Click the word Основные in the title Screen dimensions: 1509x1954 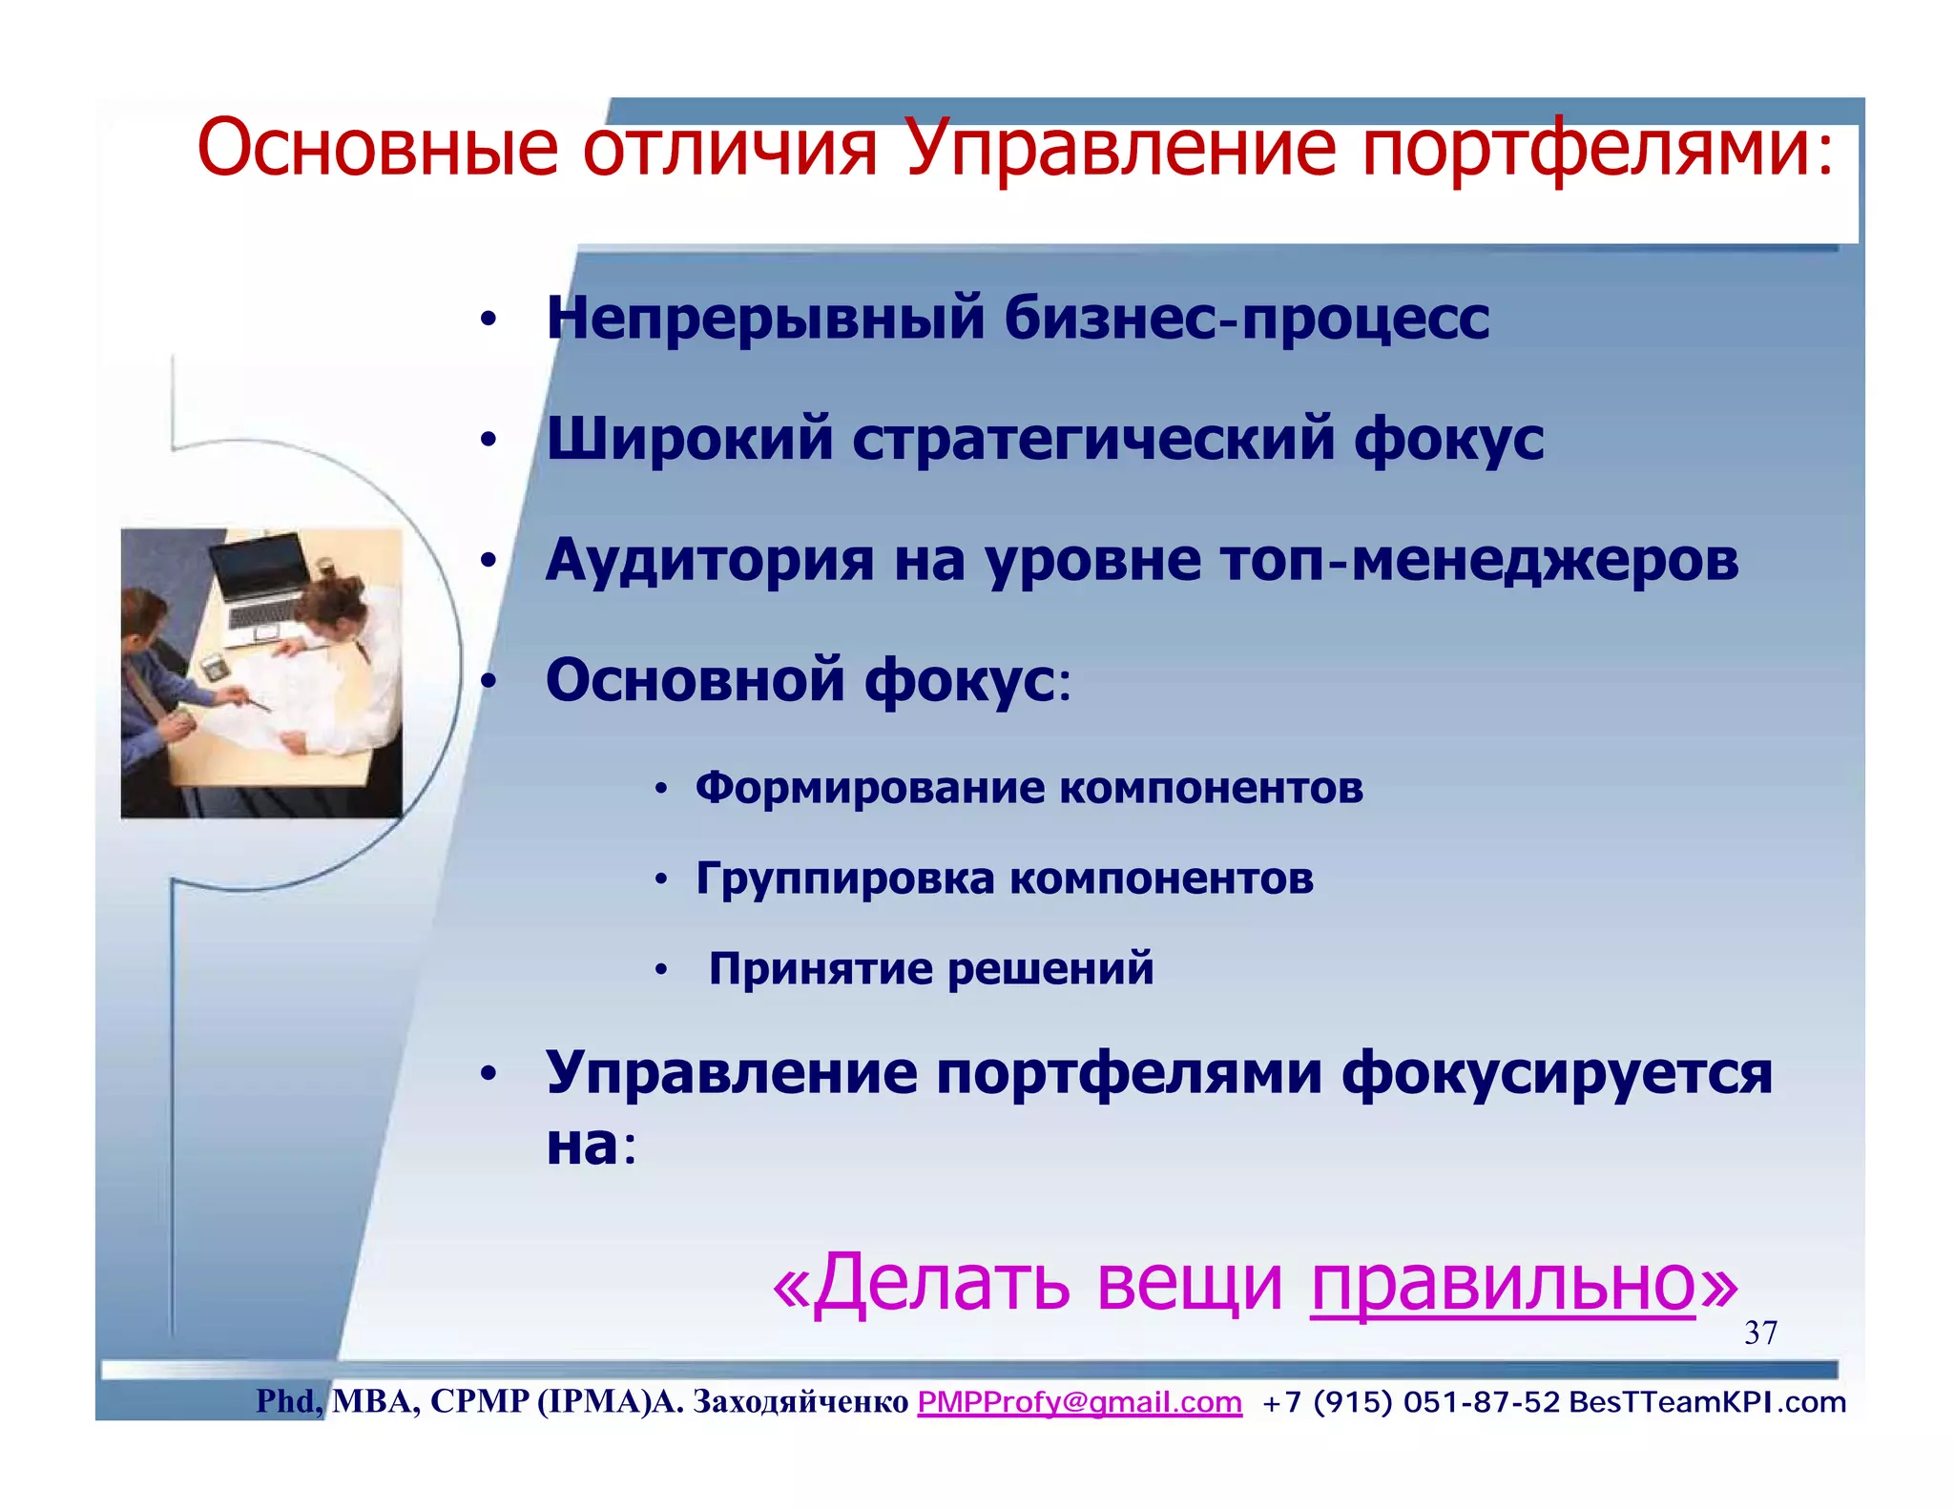(x=377, y=149)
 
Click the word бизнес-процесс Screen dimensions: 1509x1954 (x=1246, y=319)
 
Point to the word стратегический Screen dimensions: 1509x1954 (x=1092, y=440)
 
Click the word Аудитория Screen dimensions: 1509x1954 (x=709, y=560)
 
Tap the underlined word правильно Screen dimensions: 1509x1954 (x=1503, y=1283)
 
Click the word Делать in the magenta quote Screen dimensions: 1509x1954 (x=945, y=1283)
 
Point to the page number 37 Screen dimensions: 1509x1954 (x=1760, y=1333)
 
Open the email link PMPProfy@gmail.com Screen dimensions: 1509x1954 (x=1079, y=1402)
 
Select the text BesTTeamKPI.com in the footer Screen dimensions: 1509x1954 (x=1707, y=1402)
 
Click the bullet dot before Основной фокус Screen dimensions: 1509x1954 (x=488, y=682)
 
